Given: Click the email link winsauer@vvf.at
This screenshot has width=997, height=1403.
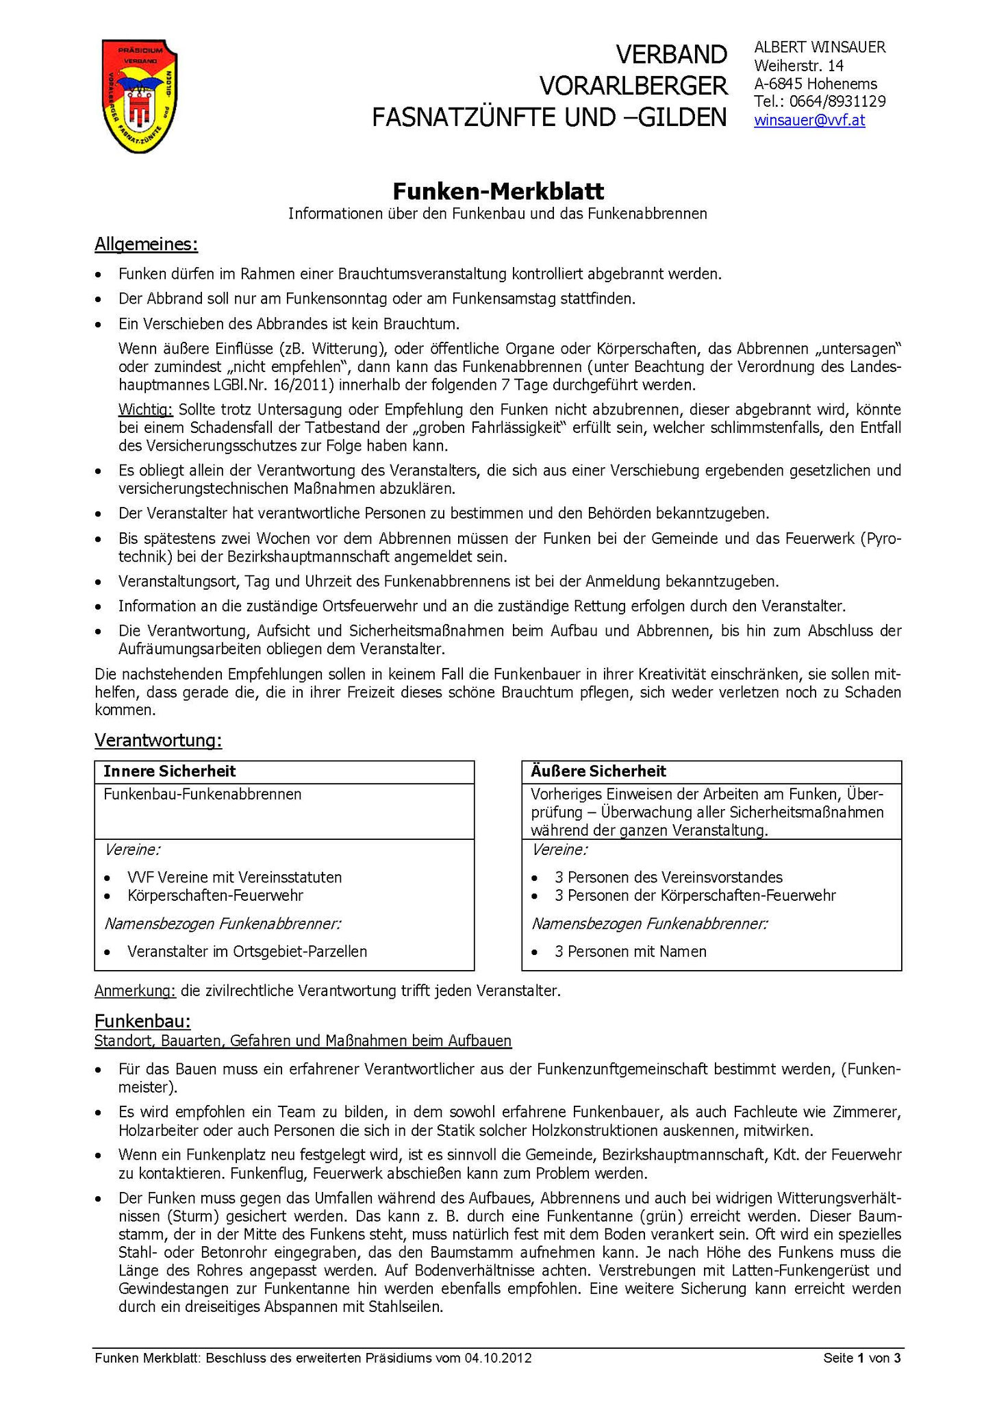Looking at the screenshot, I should point(809,121).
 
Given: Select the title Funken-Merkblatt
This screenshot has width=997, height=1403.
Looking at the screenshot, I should point(498,190).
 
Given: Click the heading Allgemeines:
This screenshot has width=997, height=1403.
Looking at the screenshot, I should point(146,245).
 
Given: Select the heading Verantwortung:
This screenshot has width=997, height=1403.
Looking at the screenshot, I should point(158,741).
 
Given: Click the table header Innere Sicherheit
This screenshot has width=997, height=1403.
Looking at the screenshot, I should point(169,771).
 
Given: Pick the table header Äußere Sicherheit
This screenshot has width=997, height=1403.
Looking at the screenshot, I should point(598,771).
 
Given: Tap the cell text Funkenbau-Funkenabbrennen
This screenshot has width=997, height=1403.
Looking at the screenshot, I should point(202,795).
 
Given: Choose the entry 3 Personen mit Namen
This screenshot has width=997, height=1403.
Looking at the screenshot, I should point(630,952).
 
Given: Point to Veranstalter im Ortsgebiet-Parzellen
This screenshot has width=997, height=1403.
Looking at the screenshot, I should point(247,952).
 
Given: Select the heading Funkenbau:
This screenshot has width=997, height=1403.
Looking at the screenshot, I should point(142,1021).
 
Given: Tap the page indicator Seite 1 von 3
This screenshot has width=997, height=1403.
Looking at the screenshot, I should point(861,1358).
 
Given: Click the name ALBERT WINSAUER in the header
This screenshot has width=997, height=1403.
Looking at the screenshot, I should point(820,47).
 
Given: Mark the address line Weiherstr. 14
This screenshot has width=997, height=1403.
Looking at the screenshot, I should point(798,66).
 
